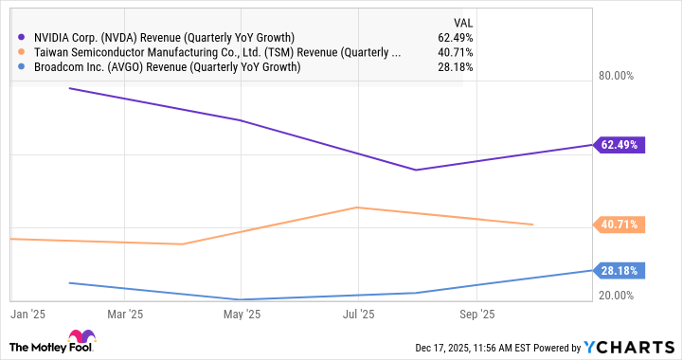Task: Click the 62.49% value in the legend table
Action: tap(454, 37)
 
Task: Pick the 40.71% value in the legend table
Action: tap(454, 52)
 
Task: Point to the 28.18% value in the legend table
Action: tap(454, 67)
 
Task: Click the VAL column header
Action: tap(461, 21)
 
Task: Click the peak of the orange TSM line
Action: tap(356, 207)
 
